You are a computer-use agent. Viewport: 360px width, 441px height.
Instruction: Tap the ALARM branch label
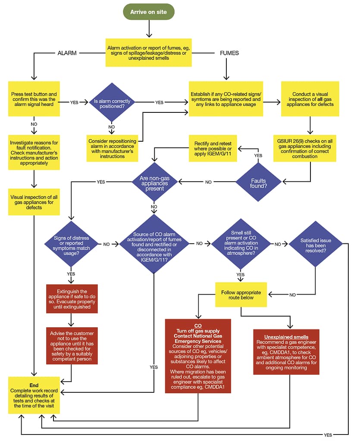67,53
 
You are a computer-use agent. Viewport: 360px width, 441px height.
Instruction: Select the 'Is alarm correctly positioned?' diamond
112,102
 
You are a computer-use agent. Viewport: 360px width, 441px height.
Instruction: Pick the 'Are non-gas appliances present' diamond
154,182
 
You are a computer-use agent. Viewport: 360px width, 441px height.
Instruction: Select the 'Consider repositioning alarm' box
112,148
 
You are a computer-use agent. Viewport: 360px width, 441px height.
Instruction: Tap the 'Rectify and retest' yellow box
213,149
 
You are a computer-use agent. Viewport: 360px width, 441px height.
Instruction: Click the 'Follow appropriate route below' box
241,295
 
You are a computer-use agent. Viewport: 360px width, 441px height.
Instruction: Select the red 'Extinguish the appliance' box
72,298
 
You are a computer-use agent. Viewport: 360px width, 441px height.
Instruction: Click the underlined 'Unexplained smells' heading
286,337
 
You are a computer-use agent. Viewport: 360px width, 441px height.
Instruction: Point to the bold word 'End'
34,385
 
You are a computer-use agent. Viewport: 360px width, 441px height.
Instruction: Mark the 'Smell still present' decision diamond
241,244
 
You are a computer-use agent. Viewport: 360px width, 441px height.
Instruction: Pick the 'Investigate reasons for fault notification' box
34,151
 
